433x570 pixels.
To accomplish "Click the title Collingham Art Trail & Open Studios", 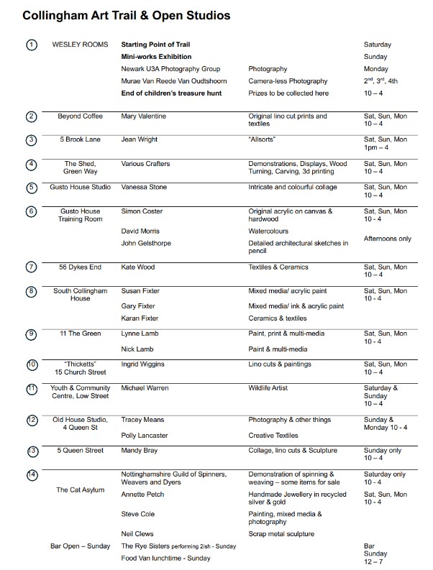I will [x=127, y=14].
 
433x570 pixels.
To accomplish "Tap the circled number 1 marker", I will [x=31, y=45].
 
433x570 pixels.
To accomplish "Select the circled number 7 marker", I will [x=31, y=267].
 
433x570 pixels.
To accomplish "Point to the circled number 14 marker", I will [x=31, y=475].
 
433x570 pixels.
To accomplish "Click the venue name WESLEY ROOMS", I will [x=75, y=45].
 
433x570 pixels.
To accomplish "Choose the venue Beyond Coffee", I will [x=80, y=116].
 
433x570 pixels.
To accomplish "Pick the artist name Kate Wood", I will [x=138, y=267].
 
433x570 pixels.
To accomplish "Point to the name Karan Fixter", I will [x=140, y=317].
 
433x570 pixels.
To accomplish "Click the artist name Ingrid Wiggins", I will [x=145, y=364].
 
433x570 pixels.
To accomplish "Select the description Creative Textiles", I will [x=274, y=435].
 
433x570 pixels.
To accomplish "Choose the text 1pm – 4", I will [x=378, y=148].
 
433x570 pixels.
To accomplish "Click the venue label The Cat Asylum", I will [x=80, y=490].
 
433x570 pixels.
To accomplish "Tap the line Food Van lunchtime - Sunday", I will [x=165, y=558].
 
